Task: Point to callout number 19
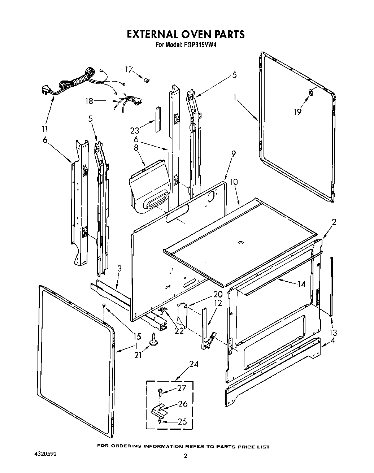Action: (297, 112)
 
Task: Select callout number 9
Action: (234, 153)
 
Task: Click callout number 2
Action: (334, 222)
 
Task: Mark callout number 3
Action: (119, 269)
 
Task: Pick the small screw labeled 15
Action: (104, 305)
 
